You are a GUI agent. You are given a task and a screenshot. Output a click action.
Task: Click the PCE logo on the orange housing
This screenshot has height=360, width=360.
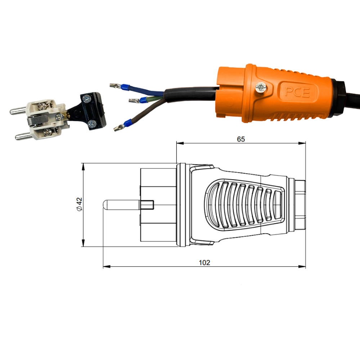tap(297, 92)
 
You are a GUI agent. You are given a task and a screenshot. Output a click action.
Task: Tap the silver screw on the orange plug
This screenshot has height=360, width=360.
tap(261, 88)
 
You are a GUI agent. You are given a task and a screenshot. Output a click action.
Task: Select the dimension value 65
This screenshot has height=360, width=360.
tap(241, 139)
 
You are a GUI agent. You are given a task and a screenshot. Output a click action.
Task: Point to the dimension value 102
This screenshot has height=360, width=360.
tap(204, 263)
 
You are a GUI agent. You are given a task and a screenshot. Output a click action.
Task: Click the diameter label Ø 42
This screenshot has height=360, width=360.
tap(79, 204)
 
